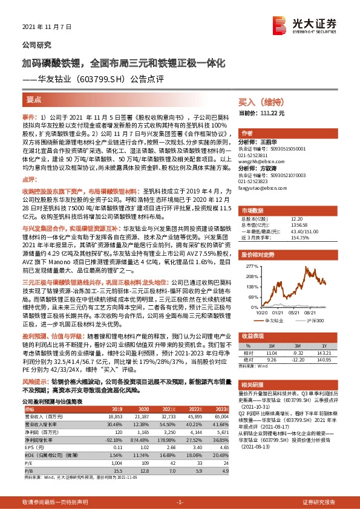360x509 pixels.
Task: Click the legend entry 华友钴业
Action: click(275, 321)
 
